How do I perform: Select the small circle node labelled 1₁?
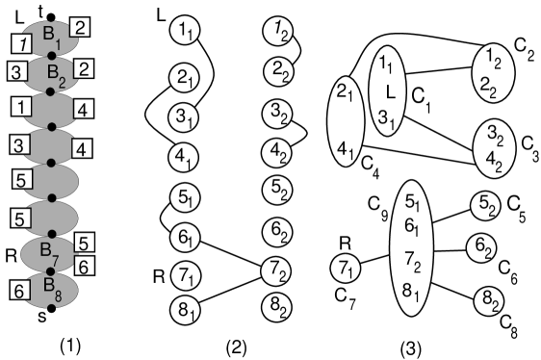click(185, 31)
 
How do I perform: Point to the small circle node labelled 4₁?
click(185, 157)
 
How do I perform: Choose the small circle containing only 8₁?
click(186, 310)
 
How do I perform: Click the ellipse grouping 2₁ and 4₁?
click(347, 121)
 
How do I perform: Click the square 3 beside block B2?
click(15, 72)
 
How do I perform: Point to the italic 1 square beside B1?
click(17, 42)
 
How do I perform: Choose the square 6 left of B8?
click(18, 290)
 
